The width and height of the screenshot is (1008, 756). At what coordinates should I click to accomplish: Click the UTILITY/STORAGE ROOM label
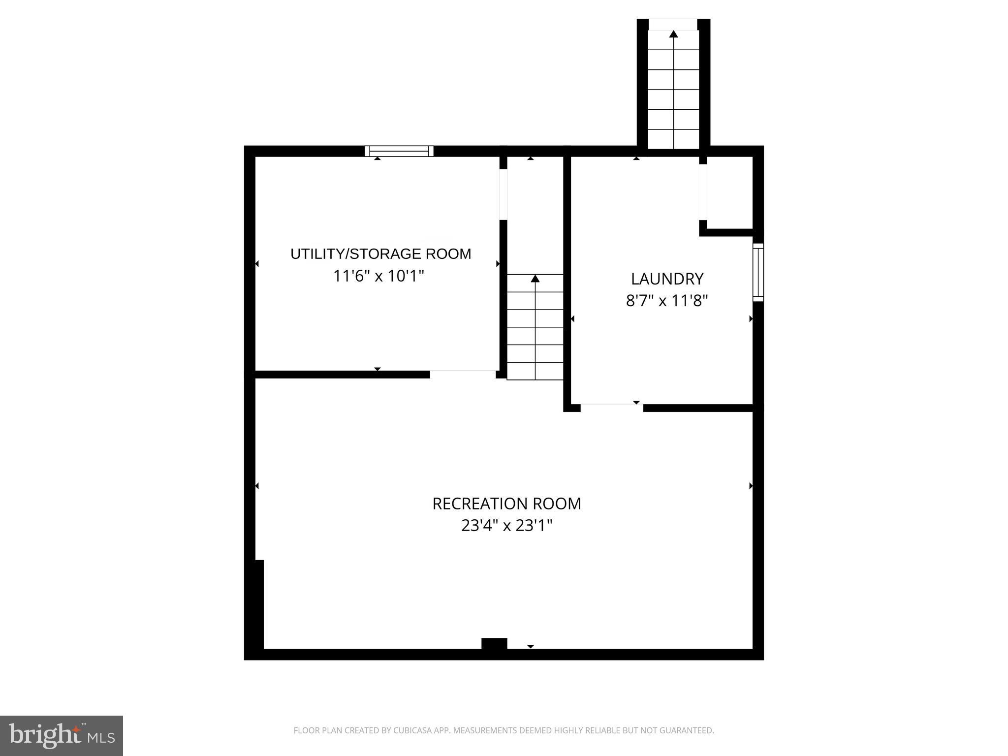(380, 254)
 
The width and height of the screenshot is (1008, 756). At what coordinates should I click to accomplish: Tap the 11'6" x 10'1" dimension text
(378, 276)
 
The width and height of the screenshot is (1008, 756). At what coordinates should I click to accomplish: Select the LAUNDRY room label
(667, 279)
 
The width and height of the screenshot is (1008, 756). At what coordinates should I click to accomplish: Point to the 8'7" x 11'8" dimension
(667, 300)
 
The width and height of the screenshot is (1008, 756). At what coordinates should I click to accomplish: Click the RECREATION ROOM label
(506, 504)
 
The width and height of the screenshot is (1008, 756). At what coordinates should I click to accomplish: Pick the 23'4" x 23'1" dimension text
(506, 526)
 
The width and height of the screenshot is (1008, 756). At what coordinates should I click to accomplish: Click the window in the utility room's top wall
(399, 151)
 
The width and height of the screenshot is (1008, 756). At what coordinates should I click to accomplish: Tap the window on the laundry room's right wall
(758, 272)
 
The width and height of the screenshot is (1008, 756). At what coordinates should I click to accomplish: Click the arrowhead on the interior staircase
(535, 279)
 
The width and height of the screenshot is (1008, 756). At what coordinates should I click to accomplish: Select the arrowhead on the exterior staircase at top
(673, 34)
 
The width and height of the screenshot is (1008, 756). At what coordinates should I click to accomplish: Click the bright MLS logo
(62, 736)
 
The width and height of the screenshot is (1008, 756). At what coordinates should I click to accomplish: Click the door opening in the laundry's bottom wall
(611, 407)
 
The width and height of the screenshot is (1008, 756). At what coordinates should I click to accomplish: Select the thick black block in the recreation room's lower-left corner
(258, 604)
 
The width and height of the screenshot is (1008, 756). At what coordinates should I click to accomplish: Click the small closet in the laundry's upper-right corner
(730, 193)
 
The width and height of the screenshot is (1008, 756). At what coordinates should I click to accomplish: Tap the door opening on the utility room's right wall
(503, 194)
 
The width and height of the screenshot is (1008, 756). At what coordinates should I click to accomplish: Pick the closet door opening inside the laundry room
(703, 192)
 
